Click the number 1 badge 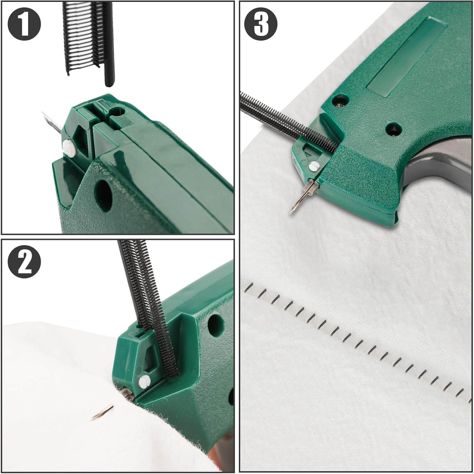[x=25, y=25]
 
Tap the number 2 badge [x=25, y=262]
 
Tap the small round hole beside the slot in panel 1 [x=119, y=111]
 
